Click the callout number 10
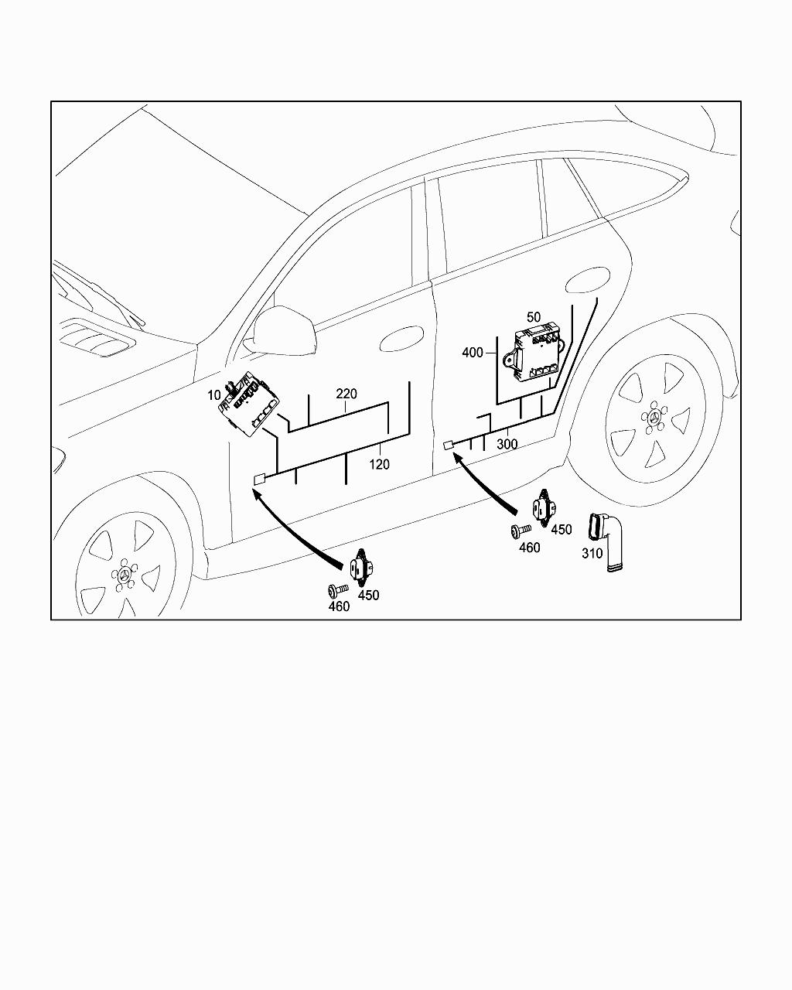(x=214, y=395)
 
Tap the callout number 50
(x=534, y=317)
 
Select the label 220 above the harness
(x=346, y=394)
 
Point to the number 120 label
(x=379, y=465)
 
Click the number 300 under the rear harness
(x=507, y=444)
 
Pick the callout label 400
(x=473, y=353)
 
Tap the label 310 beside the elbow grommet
(x=592, y=554)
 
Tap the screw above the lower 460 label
(x=338, y=589)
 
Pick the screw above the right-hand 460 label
(x=521, y=531)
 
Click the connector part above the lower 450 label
(x=362, y=567)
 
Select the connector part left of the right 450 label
(x=544, y=508)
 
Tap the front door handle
(x=401, y=339)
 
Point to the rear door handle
(x=587, y=280)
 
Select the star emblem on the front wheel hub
(x=123, y=575)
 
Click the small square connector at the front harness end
(x=260, y=479)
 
